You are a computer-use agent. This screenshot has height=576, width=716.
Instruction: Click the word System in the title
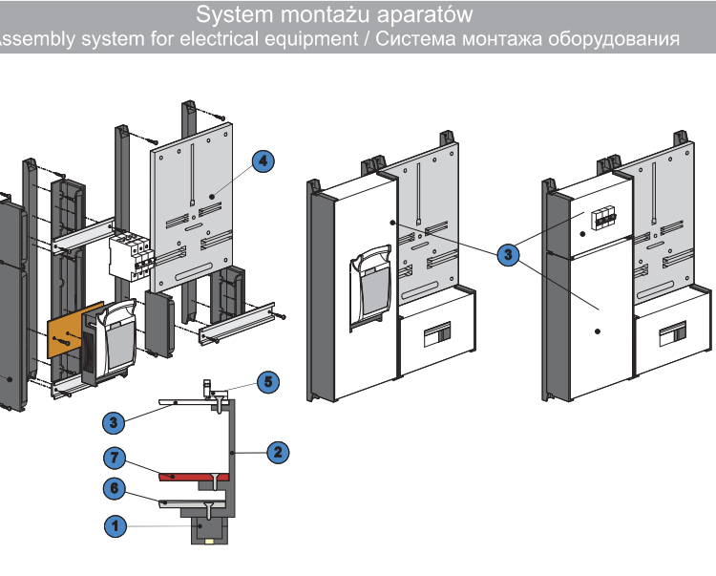pos(234,14)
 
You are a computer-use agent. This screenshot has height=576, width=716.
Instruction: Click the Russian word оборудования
pos(613,39)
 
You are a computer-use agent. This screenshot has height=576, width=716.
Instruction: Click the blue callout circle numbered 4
pos(263,161)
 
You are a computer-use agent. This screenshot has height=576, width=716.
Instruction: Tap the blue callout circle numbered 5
pos(268,382)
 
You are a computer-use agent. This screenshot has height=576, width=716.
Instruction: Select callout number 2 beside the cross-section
pos(278,453)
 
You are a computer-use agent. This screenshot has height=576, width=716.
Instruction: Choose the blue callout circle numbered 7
pos(115,458)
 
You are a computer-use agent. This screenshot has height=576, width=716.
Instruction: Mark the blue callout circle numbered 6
pos(115,489)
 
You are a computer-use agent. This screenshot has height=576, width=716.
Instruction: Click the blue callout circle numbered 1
pos(116,526)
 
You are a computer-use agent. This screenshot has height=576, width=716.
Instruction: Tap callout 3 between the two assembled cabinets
pos(508,254)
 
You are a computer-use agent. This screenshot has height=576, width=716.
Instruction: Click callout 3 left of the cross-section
pos(114,422)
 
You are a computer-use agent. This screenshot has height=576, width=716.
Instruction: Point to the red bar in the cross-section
pos(193,477)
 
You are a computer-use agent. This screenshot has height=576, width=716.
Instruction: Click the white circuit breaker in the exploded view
pos(131,256)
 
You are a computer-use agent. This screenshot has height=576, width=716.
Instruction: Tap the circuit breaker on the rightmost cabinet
pos(603,220)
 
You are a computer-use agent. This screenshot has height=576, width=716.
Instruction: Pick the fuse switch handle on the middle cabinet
pos(370,286)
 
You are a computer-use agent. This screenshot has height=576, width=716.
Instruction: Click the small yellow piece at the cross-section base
pos(210,542)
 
